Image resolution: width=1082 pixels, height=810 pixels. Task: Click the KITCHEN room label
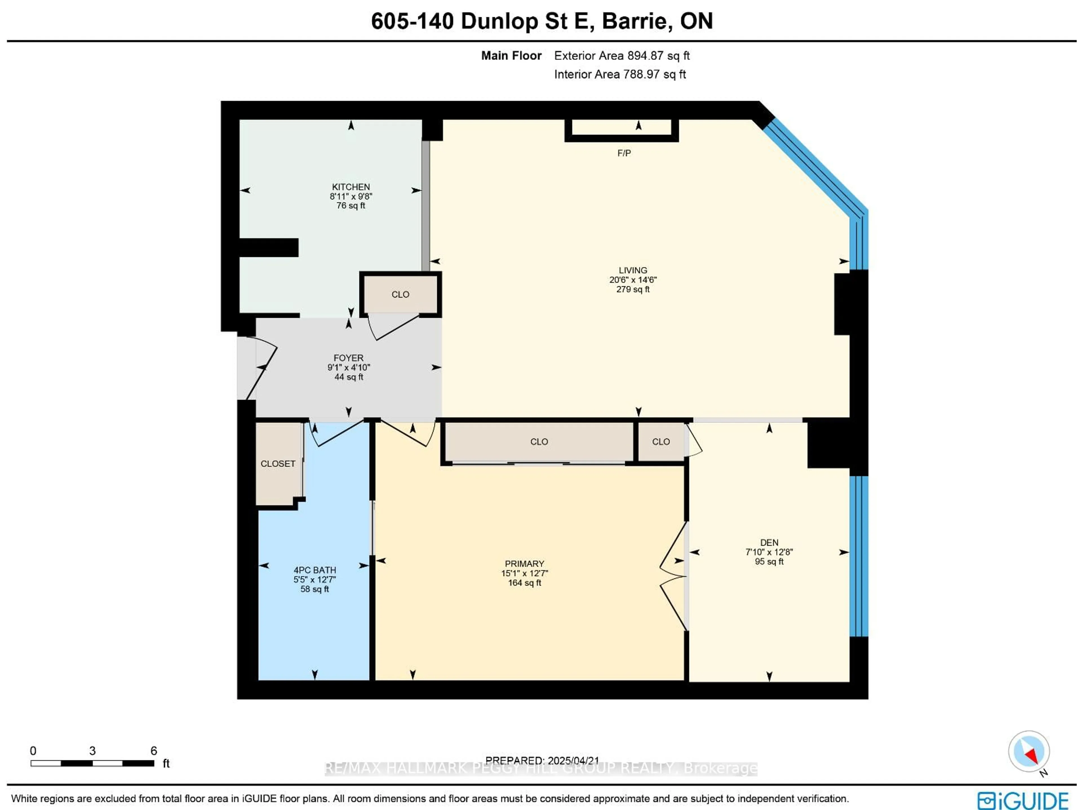point(351,187)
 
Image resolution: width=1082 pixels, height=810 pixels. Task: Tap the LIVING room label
point(633,270)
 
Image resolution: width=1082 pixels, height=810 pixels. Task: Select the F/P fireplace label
point(624,153)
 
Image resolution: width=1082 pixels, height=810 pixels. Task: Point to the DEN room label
point(769,542)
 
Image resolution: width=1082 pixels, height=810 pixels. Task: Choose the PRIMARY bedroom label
point(524,563)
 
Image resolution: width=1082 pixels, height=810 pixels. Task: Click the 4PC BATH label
point(314,570)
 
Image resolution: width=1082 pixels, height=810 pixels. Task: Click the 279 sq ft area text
point(633,289)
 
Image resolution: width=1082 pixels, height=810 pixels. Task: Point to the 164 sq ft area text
point(524,583)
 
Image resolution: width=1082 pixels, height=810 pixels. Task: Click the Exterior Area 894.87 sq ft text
point(622,56)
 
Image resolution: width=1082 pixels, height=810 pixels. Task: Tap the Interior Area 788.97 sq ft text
point(620,74)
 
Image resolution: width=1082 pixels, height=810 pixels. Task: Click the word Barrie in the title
point(631,21)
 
